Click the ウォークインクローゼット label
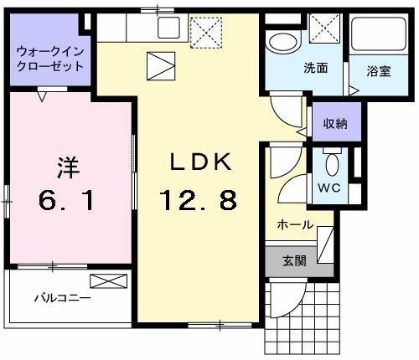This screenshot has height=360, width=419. pyautogui.click(x=49, y=59)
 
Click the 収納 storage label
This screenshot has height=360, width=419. pyautogui.click(x=336, y=124)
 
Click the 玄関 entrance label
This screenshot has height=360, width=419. pyautogui.click(x=294, y=260)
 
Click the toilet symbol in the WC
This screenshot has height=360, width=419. pyautogui.click(x=331, y=162)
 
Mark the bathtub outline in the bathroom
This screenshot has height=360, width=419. pyautogui.click(x=378, y=38)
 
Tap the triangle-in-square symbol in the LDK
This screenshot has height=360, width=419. pyautogui.click(x=159, y=64)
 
